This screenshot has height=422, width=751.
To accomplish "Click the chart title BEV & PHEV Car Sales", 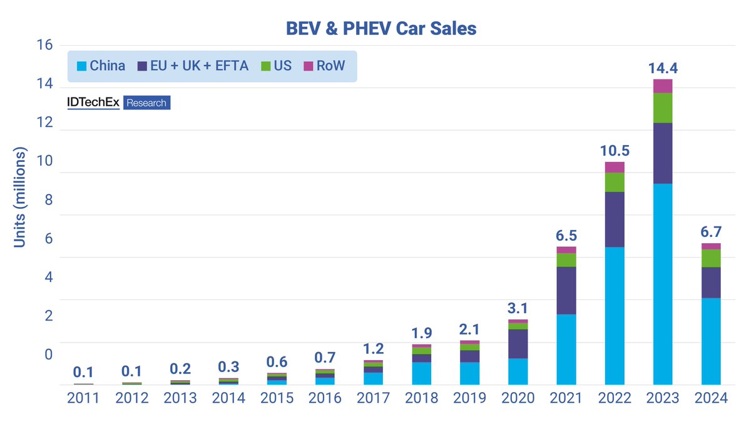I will [x=381, y=28].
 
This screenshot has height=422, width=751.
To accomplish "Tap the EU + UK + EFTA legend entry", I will [x=194, y=66].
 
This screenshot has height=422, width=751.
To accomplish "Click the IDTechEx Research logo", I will [x=119, y=103].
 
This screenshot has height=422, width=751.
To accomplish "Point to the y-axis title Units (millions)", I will [x=20, y=198].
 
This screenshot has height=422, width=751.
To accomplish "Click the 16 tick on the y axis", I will [x=45, y=46].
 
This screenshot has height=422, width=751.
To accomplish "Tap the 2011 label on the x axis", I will [x=83, y=398].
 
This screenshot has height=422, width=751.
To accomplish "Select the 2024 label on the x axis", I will [x=711, y=398].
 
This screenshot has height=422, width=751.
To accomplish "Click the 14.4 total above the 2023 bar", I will [x=662, y=68].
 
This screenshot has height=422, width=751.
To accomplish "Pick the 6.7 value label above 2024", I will [x=711, y=232].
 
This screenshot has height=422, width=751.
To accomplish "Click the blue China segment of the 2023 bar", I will [x=662, y=284].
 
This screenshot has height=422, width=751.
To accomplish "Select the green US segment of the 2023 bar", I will [x=662, y=108].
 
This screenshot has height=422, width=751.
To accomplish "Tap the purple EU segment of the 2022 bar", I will [x=614, y=219].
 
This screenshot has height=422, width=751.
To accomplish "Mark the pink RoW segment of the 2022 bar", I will [x=614, y=167].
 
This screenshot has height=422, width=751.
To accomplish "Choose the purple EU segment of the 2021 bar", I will [x=566, y=290].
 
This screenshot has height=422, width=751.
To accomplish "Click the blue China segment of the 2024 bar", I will [x=711, y=341].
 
